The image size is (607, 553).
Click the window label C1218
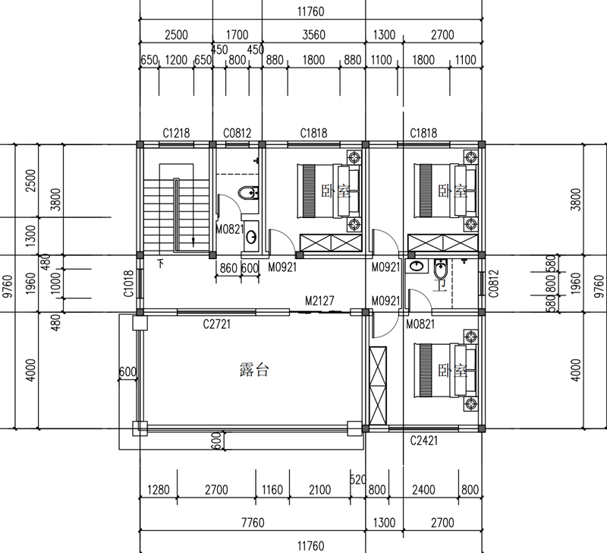175,133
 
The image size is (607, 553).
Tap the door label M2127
320,301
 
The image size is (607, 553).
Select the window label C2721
216,325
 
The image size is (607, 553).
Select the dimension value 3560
313,35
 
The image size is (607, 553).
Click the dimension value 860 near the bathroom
227,267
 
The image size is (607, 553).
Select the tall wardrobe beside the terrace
377,387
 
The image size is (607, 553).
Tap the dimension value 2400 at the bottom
426,490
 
